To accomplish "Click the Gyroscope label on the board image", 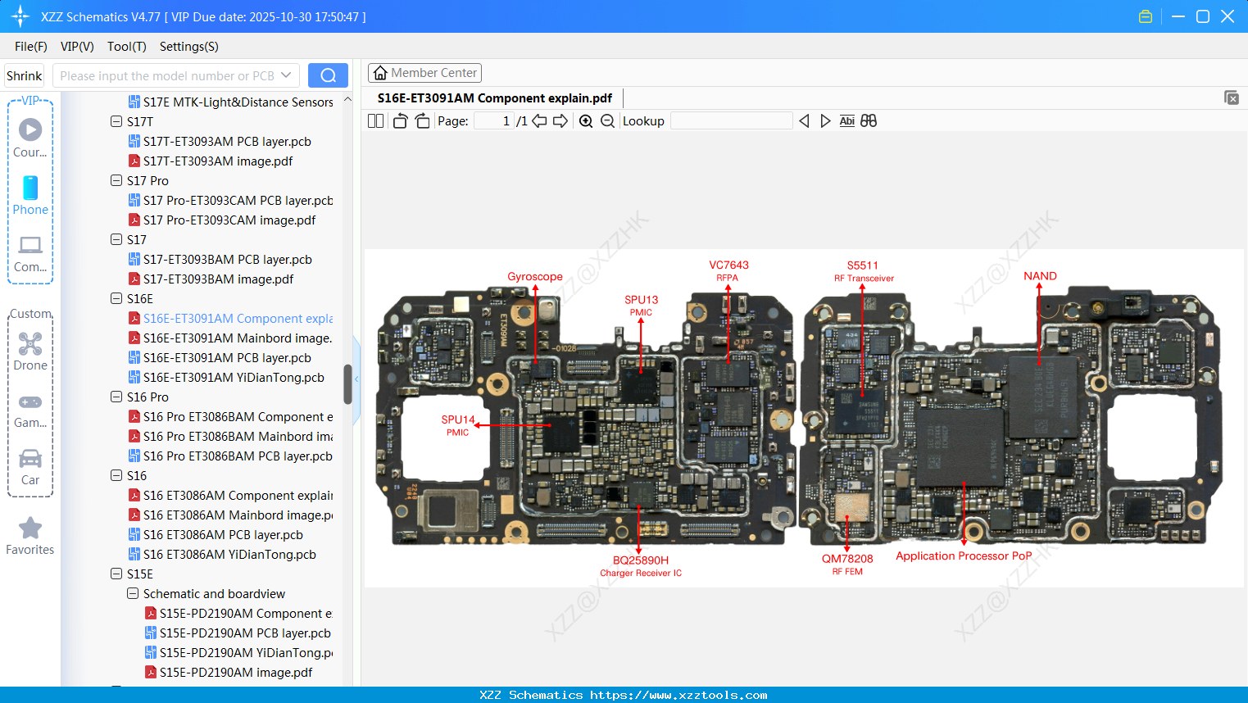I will [x=534, y=277].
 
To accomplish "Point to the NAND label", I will [x=1040, y=276].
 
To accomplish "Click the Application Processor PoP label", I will [x=964, y=556].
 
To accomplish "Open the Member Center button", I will [x=424, y=73].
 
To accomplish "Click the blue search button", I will [x=328, y=75].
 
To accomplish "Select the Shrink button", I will [x=25, y=75].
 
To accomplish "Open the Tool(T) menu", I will [x=126, y=47].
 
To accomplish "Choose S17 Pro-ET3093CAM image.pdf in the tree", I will [x=229, y=220].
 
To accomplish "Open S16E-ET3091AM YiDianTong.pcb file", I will [x=234, y=377].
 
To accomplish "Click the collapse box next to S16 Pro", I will [x=116, y=397].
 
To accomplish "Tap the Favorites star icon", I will [x=30, y=528].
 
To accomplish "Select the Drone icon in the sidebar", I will [x=30, y=344].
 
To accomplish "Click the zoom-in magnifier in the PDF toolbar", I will [x=586, y=121].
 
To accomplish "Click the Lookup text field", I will [x=731, y=121].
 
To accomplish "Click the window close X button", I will [x=1228, y=16].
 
